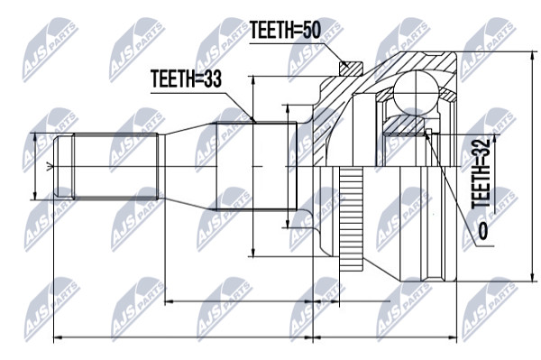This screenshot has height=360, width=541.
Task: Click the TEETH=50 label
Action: pos(285,30)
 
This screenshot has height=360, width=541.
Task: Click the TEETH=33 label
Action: pos(186,78)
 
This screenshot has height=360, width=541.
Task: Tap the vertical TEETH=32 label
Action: pos(481,173)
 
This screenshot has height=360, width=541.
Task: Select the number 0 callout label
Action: pos(483,231)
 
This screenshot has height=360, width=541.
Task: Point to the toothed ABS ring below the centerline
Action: pos(351,219)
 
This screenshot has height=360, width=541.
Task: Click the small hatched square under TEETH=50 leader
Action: pos(351,69)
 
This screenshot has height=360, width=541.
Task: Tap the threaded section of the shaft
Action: pos(116,167)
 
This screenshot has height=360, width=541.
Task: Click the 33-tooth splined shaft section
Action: pos(256,166)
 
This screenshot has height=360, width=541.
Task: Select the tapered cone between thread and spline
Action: pos(190,166)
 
